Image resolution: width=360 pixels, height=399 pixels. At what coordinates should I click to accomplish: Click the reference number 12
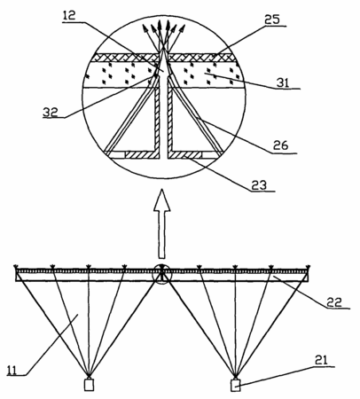pos(69,16)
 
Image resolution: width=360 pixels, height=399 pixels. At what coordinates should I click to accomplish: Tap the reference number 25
pos(271,20)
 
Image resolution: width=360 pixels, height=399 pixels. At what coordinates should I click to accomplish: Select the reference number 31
pos(283,82)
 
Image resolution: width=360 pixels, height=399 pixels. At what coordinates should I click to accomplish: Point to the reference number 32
pos(51,113)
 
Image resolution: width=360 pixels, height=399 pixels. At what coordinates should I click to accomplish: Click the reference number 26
pos(280,145)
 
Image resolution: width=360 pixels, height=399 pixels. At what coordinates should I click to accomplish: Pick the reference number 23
pos(259,185)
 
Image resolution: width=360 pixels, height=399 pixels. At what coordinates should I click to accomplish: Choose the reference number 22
pos(334,302)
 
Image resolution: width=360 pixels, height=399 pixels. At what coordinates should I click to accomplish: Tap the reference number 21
pos(321,360)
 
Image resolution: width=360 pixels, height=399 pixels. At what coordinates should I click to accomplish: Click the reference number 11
pos(12,370)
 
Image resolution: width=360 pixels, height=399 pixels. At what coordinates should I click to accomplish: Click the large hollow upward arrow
pos(161,223)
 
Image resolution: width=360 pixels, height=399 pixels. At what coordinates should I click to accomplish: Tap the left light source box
pos(89,385)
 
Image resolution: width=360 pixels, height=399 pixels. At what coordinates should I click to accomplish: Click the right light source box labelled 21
pos(235,386)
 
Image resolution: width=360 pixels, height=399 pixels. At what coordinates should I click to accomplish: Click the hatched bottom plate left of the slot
pos(140,154)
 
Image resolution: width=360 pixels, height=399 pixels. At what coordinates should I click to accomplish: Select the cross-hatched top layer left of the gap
pos(125,57)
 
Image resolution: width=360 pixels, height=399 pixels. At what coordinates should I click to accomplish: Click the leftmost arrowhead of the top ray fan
pos(145,27)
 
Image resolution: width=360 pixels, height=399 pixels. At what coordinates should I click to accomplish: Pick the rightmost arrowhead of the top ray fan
pos(183,28)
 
